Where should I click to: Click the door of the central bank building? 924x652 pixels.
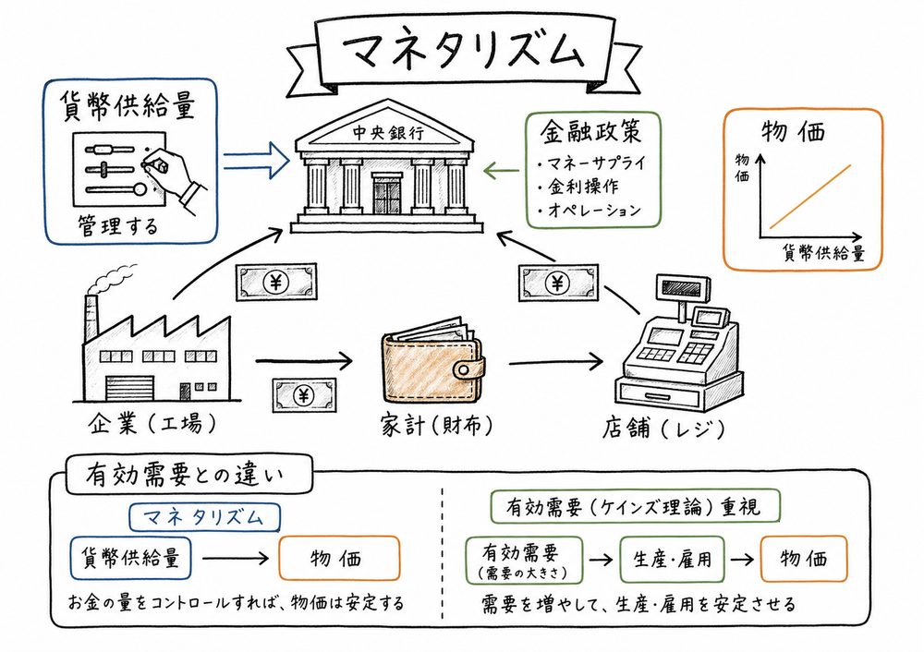tap(387, 194)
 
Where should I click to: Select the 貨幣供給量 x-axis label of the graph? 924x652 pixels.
tap(823, 254)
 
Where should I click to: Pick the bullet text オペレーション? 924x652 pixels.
tap(592, 211)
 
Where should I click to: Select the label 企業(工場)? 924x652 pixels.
tap(152, 425)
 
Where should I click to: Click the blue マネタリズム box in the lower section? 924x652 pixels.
tap(205, 515)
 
